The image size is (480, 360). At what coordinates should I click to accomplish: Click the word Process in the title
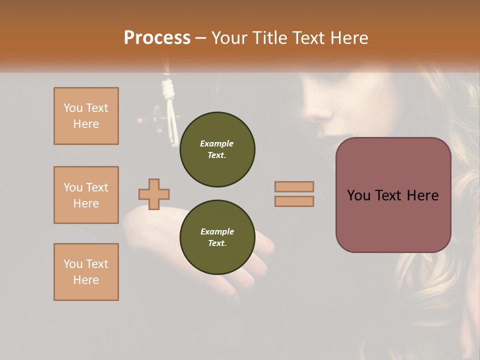(157, 38)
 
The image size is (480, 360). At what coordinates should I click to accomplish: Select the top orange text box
(86, 116)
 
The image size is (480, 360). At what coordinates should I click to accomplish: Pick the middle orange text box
(86, 195)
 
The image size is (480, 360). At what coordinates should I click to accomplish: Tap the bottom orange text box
(86, 272)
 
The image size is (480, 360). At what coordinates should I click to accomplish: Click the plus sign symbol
(154, 194)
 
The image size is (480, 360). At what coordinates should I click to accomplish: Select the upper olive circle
(217, 149)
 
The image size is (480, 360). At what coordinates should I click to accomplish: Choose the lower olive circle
(217, 237)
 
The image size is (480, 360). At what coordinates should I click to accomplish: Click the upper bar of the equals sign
(294, 187)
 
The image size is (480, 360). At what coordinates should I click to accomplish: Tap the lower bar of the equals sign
(294, 201)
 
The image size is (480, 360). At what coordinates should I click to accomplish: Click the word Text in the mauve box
(393, 195)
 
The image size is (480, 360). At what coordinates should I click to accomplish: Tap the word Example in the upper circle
(217, 143)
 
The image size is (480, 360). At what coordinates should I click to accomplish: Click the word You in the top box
(72, 108)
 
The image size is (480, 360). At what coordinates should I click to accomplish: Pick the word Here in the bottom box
(86, 280)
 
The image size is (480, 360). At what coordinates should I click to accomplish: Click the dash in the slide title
(201, 38)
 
